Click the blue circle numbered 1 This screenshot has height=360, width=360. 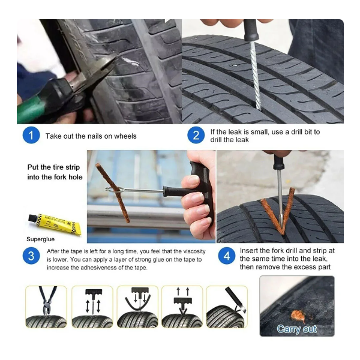(31, 135)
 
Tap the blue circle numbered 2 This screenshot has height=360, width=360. (196, 135)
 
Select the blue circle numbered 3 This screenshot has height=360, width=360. (31, 256)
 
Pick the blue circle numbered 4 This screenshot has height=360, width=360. (227, 256)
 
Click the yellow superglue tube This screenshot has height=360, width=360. (55, 224)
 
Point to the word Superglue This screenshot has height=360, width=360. (40, 239)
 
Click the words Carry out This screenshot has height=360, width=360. (296, 329)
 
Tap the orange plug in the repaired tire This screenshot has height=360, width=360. (298, 316)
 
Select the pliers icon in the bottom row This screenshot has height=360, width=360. (46, 307)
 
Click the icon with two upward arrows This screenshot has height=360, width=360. (182, 307)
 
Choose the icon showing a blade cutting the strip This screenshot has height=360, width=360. (227, 307)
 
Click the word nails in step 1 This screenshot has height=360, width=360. (95, 136)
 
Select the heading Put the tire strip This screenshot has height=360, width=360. (53, 167)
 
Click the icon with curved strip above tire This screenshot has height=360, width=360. (137, 307)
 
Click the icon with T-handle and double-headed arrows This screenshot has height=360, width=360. (92, 307)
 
